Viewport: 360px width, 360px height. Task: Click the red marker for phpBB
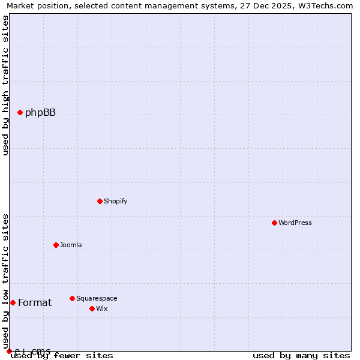point(20,112)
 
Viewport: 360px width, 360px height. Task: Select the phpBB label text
point(40,113)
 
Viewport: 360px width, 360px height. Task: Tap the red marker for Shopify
point(100,201)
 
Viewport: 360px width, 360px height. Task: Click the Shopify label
point(115,201)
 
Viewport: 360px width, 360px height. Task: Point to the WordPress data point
point(274,223)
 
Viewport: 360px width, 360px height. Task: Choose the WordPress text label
point(295,223)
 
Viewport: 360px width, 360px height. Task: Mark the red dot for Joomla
point(56,245)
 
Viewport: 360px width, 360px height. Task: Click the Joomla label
point(71,245)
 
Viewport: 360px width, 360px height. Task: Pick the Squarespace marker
point(72,298)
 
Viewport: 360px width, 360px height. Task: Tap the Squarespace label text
point(97,298)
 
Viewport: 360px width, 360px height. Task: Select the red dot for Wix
point(92,308)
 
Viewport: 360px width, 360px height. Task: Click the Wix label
point(102,308)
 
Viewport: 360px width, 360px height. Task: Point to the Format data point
point(13,302)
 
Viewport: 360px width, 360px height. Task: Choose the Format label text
point(35,303)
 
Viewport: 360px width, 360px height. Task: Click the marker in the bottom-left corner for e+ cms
point(9,351)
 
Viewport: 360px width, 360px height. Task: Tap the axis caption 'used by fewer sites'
point(62,356)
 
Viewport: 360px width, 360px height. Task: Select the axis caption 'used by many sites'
point(301,356)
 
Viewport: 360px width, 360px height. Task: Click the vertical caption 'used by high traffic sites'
point(6,85)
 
